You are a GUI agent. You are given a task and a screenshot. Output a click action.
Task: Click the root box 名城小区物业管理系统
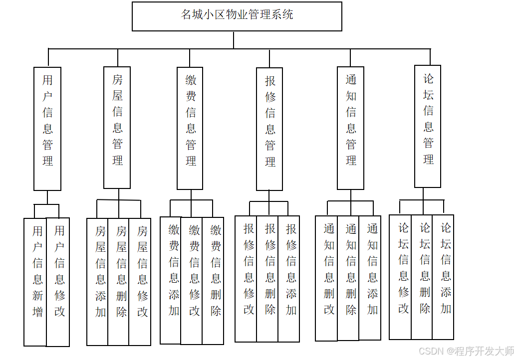pos(237,16)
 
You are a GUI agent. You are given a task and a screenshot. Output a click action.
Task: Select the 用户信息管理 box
pos(47,129)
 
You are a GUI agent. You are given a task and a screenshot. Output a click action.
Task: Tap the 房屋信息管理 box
pos(117,128)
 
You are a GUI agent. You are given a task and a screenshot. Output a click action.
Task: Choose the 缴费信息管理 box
pos(190,128)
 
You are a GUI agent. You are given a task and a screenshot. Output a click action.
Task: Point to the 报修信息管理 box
pos(269,129)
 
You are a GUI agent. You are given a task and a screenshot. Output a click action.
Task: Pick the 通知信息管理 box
pos(350,128)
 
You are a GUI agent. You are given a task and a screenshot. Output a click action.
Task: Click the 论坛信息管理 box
pos(428,126)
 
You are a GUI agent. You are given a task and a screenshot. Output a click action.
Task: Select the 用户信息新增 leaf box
pos(35,282)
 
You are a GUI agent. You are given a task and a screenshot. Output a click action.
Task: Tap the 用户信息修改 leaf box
pos(58,282)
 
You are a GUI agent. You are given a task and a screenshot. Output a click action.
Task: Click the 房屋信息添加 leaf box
pos(98,282)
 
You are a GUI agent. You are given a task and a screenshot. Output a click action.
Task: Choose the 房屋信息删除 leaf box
pos(119,282)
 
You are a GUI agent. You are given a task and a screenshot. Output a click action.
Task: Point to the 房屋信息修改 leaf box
pos(140,282)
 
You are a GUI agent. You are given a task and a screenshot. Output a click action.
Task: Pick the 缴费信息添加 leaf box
pos(171,280)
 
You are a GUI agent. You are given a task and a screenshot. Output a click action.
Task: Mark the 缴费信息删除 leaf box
pos(213,280)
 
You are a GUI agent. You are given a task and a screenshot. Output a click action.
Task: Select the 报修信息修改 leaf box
pos(246,279)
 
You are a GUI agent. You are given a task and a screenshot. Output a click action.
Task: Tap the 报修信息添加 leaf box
pos(289,279)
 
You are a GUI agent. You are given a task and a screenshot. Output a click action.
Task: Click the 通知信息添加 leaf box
pos(370,278)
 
